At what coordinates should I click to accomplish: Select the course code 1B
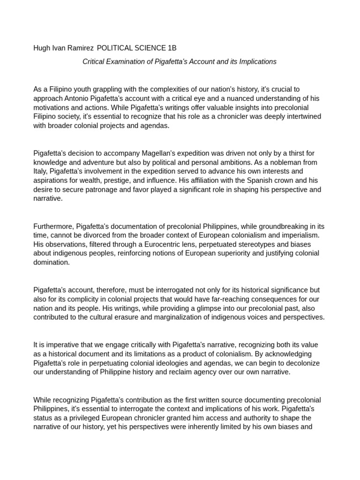[172, 48]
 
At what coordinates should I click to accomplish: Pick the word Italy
[40, 172]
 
